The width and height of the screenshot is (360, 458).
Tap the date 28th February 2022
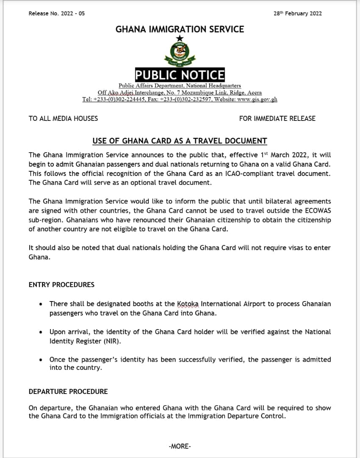click(298, 13)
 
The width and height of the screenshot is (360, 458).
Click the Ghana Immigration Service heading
click(180, 29)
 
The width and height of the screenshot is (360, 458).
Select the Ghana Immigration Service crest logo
click(180, 54)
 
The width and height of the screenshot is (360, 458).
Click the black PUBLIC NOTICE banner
click(180, 75)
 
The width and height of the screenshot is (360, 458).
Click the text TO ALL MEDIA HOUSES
click(63, 119)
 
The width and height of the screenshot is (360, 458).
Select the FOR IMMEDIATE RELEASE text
click(277, 119)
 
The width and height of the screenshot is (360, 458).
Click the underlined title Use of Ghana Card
click(180, 141)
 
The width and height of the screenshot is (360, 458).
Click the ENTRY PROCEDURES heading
click(61, 285)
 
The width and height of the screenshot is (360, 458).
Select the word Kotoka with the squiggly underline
click(187, 304)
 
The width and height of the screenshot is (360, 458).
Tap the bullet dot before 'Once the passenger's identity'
click(40, 360)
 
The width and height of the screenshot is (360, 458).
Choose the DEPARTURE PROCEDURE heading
click(68, 391)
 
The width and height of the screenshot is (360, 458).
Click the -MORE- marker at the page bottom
click(180, 446)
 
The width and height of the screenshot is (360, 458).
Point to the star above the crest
click(180, 39)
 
